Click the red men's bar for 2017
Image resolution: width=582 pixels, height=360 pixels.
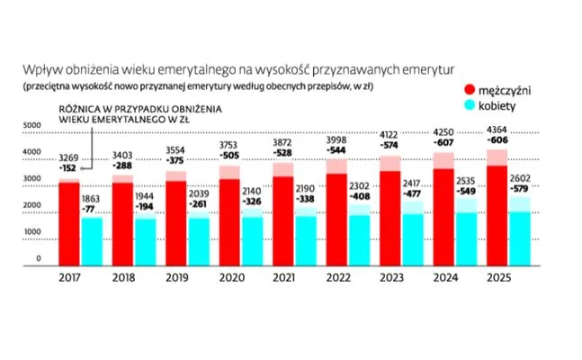69,220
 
